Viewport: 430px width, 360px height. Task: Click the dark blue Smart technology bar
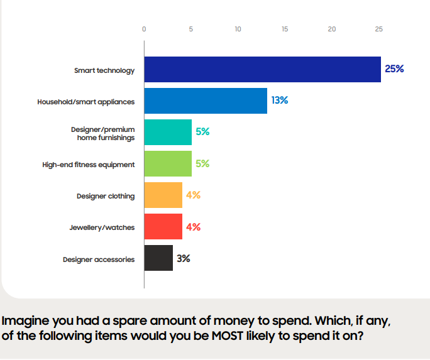coord(262,69)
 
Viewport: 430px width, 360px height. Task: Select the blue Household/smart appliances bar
coord(206,101)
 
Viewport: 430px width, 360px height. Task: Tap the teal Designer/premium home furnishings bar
coord(168,132)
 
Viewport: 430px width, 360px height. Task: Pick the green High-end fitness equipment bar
coord(168,163)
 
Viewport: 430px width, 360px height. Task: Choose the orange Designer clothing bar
coord(163,195)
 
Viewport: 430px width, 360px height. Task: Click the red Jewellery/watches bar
coord(163,226)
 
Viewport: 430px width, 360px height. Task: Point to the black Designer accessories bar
coord(158,258)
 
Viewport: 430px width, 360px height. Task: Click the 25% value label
coord(394,68)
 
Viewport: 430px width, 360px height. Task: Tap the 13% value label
coord(280,100)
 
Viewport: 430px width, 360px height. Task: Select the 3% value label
coord(184,258)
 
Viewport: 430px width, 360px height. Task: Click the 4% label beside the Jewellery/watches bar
coord(193,226)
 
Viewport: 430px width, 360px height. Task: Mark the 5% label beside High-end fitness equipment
coord(202,163)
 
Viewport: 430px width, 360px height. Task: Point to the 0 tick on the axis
coord(144,29)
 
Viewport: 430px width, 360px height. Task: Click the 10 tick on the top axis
coord(238,29)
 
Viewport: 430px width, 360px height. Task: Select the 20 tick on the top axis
coord(332,29)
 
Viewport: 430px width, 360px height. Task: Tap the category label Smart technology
coord(104,70)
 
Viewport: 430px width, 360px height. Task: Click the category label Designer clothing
coord(106,196)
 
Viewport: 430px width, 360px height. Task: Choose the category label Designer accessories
coord(99,259)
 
